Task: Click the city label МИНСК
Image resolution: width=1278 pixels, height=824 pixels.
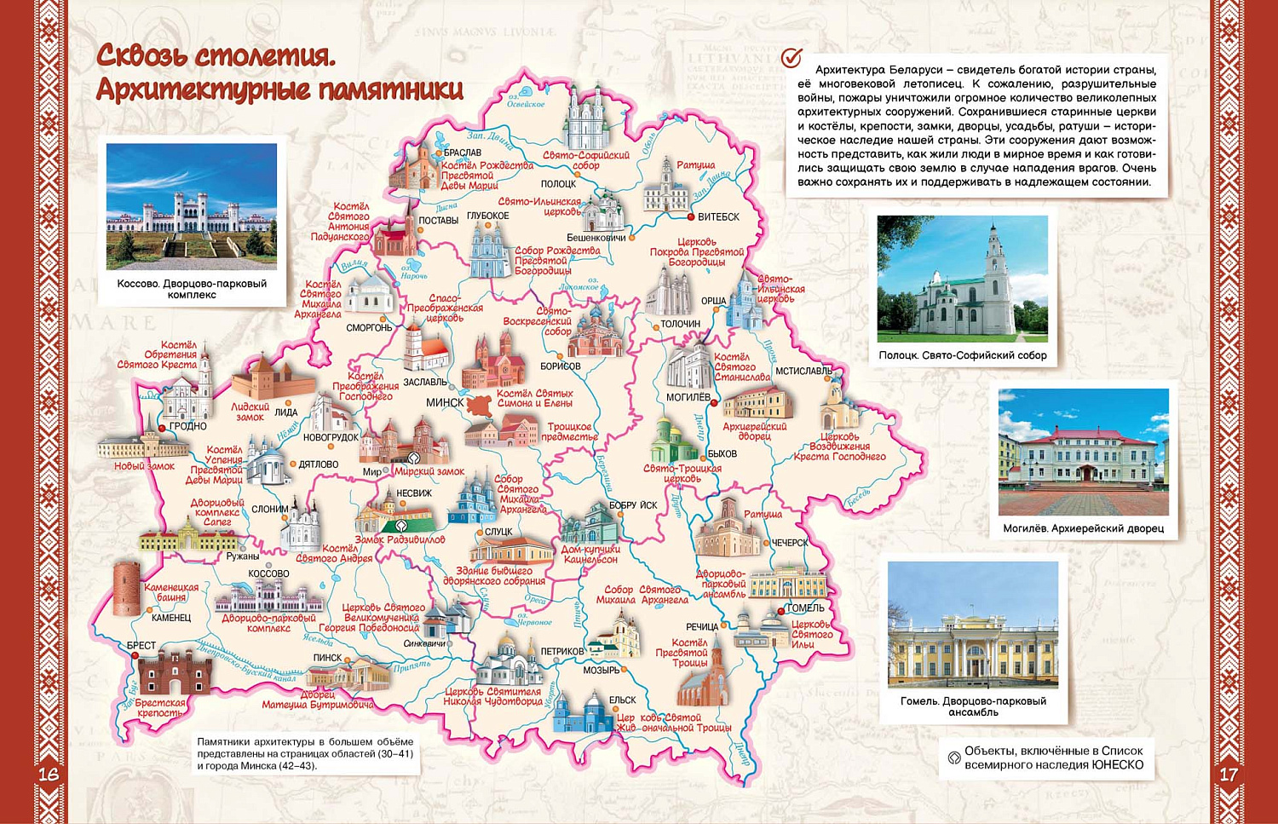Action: (445, 402)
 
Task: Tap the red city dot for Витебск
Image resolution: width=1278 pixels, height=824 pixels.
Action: (690, 217)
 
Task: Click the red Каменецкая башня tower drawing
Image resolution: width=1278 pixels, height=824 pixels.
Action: (126, 589)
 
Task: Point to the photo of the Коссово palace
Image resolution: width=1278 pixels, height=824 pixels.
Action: (192, 206)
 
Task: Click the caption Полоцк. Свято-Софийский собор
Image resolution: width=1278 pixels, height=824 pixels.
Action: (963, 355)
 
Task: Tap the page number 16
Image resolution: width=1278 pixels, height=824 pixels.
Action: (49, 774)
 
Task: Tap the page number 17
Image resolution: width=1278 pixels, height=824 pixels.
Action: (1228, 774)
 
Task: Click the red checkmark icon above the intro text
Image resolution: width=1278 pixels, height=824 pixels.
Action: (792, 57)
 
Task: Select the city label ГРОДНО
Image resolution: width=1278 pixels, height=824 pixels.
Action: (187, 426)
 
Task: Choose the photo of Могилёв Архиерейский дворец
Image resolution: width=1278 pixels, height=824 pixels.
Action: (1083, 452)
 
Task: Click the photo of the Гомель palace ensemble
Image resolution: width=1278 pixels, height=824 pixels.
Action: (973, 625)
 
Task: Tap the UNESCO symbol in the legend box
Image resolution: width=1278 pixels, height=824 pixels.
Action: (954, 757)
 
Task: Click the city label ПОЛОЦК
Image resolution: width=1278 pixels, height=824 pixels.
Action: (558, 184)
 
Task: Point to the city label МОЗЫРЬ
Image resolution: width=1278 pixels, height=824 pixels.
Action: (602, 671)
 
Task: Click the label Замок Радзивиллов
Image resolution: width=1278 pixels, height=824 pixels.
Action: (400, 539)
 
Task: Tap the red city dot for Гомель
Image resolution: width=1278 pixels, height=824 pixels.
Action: (780, 610)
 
